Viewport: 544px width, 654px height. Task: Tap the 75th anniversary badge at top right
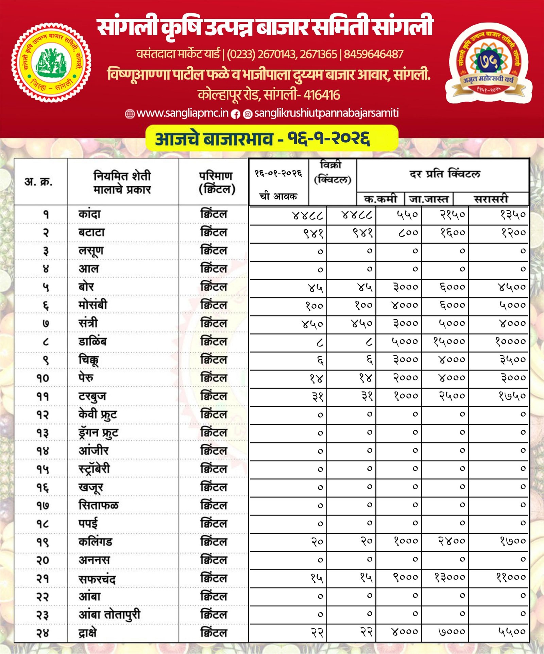(x=488, y=63)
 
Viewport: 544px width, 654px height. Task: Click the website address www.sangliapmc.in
(x=182, y=113)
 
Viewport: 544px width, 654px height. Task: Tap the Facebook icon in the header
(x=235, y=114)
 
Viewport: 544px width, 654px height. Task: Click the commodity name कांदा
(x=89, y=214)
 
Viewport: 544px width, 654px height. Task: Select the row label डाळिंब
(x=92, y=341)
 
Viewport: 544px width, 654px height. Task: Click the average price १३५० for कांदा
(x=513, y=215)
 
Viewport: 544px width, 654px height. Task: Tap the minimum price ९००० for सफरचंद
(x=405, y=577)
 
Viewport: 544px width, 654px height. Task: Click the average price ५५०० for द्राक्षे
(x=512, y=632)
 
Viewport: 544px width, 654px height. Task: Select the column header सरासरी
(x=491, y=199)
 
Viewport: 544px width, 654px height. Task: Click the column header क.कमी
(x=380, y=199)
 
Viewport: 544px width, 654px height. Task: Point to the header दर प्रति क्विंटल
(x=445, y=174)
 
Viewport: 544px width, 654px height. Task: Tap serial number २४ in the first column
(x=43, y=633)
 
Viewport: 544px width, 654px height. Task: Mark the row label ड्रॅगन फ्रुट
(x=99, y=433)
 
